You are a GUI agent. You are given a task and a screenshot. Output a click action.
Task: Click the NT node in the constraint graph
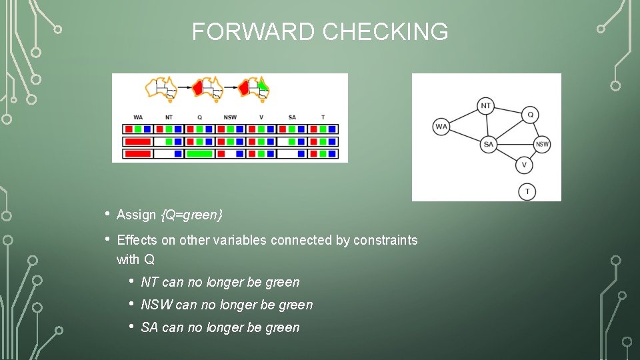486,105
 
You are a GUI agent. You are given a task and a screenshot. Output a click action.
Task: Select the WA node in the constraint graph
441,127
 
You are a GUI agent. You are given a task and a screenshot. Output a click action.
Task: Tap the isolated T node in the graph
527,191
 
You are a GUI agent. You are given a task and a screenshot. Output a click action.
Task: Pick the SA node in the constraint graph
489,144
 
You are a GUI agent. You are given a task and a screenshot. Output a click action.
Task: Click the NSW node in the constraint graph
542,144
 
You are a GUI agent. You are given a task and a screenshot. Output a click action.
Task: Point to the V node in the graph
524,165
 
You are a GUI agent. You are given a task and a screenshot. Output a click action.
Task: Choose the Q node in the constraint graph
530,114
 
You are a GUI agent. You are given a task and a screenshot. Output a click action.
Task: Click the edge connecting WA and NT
463,116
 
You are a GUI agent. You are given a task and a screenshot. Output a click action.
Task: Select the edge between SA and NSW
515,144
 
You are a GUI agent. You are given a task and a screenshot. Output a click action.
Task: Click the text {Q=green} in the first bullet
191,215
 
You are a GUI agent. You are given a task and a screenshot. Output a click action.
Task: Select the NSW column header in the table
230,117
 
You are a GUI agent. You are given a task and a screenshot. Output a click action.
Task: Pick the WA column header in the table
138,117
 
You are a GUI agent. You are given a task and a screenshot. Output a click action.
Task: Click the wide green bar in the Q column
199,154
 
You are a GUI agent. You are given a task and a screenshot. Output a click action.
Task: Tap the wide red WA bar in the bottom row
137,154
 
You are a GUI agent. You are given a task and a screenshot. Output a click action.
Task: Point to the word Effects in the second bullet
137,240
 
